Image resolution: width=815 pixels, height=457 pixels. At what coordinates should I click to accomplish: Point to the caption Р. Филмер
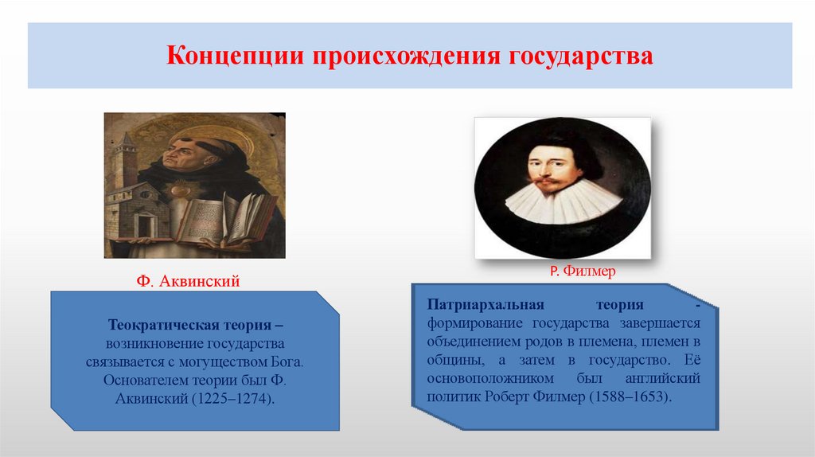tap(583, 271)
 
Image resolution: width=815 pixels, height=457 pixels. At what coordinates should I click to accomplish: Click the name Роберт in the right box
tap(527, 396)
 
